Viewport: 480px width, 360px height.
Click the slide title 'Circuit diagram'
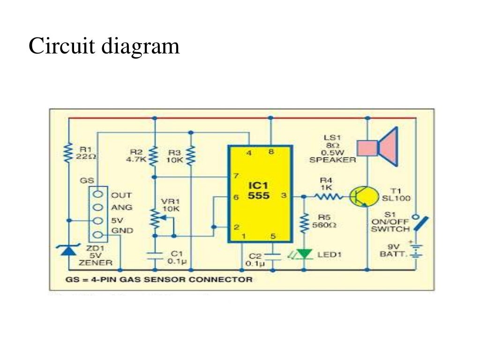[x=104, y=47]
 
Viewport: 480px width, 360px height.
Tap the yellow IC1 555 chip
[x=259, y=194]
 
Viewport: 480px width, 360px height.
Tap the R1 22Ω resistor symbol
[x=69, y=152]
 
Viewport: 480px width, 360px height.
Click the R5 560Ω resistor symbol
[x=305, y=222]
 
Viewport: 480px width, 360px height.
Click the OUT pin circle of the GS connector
[x=98, y=195]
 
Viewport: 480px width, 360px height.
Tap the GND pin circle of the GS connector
[x=98, y=235]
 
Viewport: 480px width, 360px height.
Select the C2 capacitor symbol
[x=272, y=256]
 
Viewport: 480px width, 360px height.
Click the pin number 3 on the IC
[x=283, y=195]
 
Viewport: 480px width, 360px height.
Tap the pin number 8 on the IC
[x=271, y=151]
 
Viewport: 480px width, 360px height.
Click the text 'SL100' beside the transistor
[x=396, y=198]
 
